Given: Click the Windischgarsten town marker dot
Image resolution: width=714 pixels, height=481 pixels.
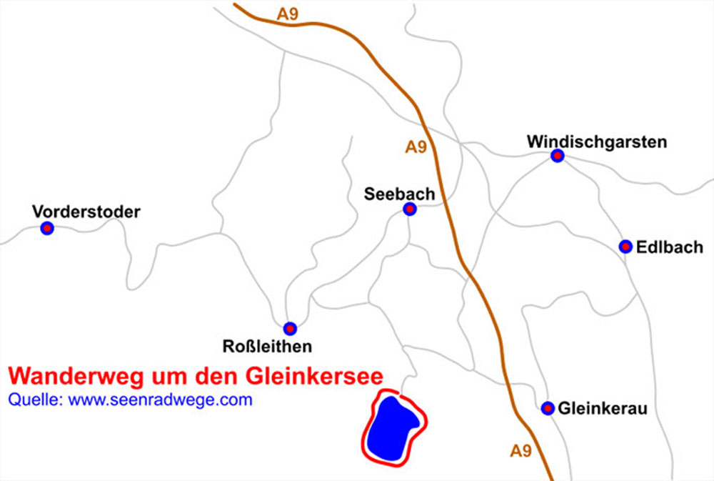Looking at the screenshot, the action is (557, 156).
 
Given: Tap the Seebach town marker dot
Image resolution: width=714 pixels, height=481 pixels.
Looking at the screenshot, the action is (409, 209).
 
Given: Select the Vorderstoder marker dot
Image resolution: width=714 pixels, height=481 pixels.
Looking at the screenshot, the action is (47, 229).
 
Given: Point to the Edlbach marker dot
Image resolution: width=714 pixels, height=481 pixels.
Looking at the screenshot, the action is (625, 247).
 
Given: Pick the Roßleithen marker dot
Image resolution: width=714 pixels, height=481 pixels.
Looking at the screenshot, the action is (290, 329).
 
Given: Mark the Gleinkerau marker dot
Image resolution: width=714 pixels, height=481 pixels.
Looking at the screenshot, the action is (548, 408).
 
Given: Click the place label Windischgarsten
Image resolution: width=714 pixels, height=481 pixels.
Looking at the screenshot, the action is (597, 142).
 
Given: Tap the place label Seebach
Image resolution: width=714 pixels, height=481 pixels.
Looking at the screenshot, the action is (399, 193).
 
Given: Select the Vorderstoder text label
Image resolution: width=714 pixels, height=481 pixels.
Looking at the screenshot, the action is (86, 212).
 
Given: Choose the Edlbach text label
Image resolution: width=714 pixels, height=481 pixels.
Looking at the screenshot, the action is (670, 247).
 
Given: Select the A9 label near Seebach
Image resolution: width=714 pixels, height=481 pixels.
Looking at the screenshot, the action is (416, 147).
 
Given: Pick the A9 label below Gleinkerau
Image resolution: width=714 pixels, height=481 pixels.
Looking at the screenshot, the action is (521, 451).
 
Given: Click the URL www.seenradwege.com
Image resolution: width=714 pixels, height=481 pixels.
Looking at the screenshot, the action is (160, 400).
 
